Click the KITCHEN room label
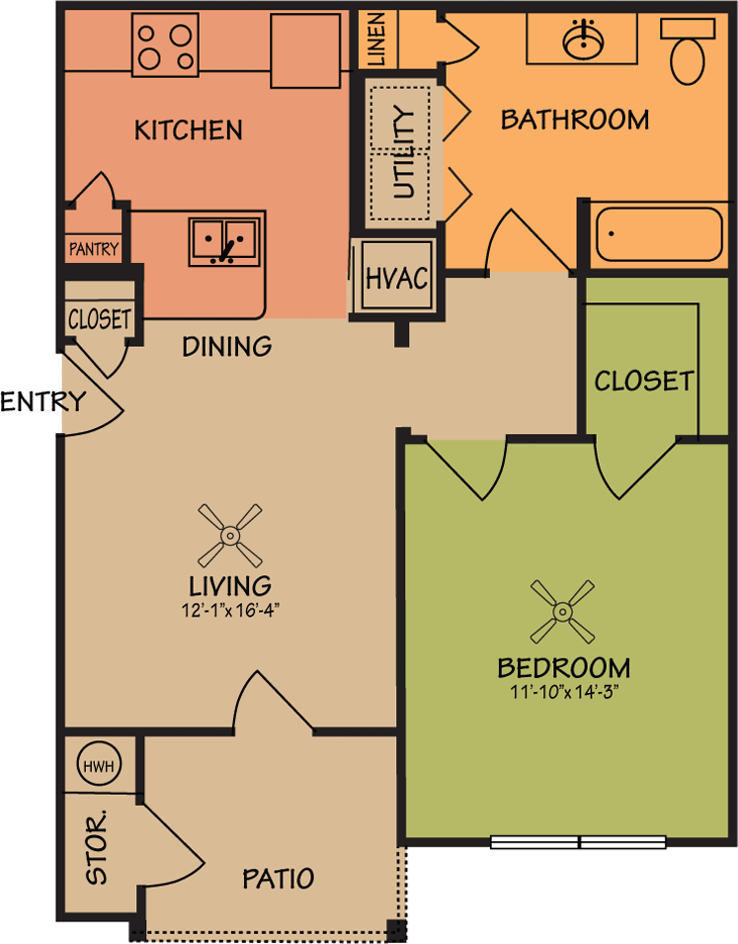click(189, 129)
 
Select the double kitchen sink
click(224, 238)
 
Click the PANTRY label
click(94, 249)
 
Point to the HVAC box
click(396, 278)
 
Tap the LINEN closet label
click(376, 39)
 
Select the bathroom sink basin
click(585, 41)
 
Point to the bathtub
click(658, 233)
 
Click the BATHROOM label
click(575, 120)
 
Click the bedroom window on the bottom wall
click(579, 842)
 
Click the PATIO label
click(279, 878)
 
